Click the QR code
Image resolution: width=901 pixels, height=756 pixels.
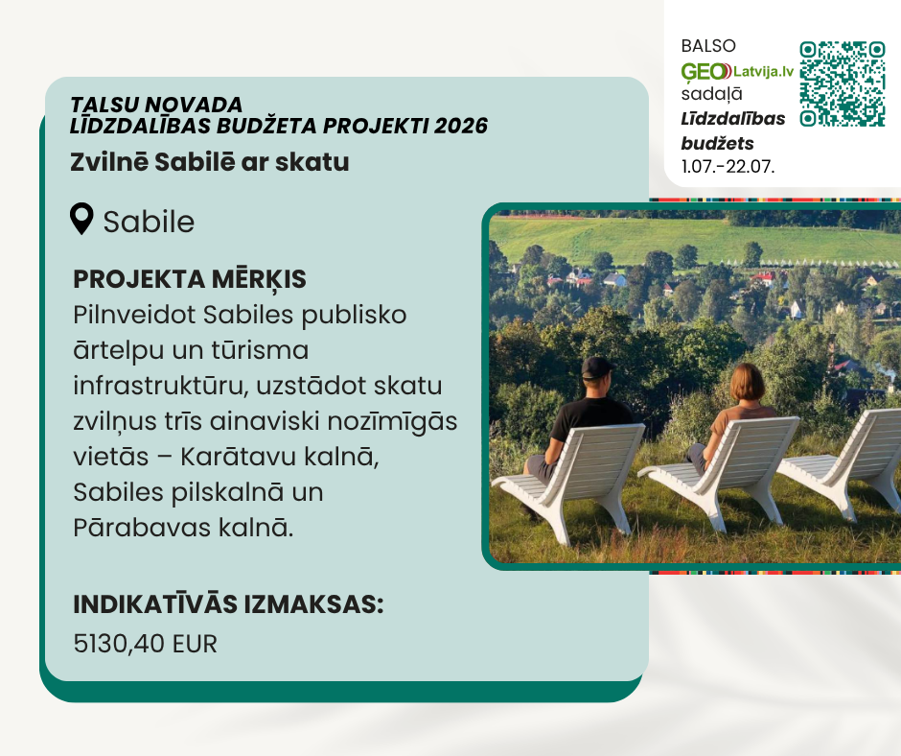tap(842, 83)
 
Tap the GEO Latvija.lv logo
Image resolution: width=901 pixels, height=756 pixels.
tap(737, 72)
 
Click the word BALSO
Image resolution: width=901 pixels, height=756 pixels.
tap(708, 46)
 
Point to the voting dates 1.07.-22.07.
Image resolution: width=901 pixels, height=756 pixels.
tap(728, 166)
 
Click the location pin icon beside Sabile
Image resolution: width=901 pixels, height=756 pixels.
tap(81, 219)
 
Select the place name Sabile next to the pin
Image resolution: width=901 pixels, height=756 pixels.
tap(149, 222)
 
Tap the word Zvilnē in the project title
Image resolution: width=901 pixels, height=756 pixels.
tap(109, 162)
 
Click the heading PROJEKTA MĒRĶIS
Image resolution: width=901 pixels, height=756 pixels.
tap(190, 280)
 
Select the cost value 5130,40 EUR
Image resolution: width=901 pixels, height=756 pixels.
tap(146, 644)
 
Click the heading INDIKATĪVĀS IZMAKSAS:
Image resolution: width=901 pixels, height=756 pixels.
tap(228, 604)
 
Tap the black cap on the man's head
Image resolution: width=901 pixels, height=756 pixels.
tap(597, 367)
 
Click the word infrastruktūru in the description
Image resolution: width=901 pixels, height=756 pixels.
tap(161, 386)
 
